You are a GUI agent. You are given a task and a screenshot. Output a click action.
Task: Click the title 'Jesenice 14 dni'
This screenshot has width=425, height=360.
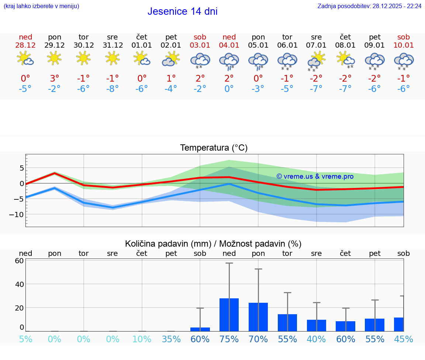(182, 11)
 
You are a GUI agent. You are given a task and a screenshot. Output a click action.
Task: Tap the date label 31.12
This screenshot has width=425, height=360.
(113, 45)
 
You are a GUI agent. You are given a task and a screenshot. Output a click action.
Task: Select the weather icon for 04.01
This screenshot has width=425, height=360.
(229, 61)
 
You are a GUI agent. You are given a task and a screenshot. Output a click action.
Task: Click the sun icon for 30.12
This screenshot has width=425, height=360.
(83, 58)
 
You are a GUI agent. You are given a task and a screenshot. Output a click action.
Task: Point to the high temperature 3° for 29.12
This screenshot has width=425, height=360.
(54, 78)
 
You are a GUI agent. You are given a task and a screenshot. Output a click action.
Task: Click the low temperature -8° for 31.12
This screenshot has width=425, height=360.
(113, 89)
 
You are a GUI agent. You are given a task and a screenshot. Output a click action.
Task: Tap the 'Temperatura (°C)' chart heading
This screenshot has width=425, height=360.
(214, 148)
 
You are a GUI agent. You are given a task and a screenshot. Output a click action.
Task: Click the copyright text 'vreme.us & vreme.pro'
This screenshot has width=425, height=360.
(315, 176)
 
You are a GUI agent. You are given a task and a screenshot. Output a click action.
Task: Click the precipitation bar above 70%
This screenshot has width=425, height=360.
(258, 317)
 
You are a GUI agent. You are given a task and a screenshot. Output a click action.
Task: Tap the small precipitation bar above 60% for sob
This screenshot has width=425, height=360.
(200, 329)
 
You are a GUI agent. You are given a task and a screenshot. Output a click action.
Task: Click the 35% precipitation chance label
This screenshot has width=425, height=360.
(171, 339)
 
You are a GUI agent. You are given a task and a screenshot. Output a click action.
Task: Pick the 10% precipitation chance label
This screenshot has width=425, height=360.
(142, 339)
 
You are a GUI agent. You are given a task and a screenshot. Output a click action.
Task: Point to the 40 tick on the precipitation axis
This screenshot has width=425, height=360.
(20, 284)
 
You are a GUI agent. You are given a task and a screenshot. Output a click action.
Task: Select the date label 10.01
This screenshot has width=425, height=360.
(404, 45)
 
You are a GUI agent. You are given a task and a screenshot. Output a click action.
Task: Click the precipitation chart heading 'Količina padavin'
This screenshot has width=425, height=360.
(213, 244)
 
